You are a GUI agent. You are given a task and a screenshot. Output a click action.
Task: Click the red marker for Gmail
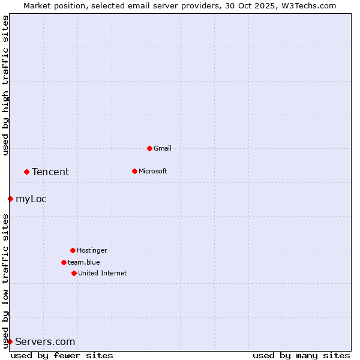point(149,148)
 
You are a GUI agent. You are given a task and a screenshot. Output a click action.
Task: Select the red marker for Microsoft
point(134,171)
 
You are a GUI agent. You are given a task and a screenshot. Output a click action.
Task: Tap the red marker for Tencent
point(26,172)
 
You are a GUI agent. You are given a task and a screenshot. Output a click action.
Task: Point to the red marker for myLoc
point(10,199)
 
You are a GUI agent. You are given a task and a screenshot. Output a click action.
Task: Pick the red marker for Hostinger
point(73,250)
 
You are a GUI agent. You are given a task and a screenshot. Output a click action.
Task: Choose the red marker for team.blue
point(64,262)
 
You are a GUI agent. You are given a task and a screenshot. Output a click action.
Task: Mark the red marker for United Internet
point(74,273)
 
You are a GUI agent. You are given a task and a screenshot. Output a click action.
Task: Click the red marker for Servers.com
point(10,341)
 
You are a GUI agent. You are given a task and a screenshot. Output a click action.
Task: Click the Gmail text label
point(163,148)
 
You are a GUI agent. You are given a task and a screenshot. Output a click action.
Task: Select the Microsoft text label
point(152,171)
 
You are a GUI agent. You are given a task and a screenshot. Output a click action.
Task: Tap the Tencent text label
point(50,172)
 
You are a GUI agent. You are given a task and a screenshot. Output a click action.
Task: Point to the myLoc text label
point(31,199)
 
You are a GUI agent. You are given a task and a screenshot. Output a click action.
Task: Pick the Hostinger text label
point(92,250)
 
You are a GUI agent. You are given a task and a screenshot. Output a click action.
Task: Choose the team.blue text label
point(84,262)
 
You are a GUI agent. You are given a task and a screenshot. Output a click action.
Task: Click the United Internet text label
point(102,273)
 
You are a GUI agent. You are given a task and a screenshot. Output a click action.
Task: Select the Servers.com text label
point(45,341)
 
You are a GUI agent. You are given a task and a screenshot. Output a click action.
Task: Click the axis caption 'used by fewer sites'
point(62,355)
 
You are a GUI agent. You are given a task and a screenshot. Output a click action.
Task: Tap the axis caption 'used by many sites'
point(301,355)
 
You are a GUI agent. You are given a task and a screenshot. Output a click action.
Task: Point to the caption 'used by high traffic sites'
point(5,85)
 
